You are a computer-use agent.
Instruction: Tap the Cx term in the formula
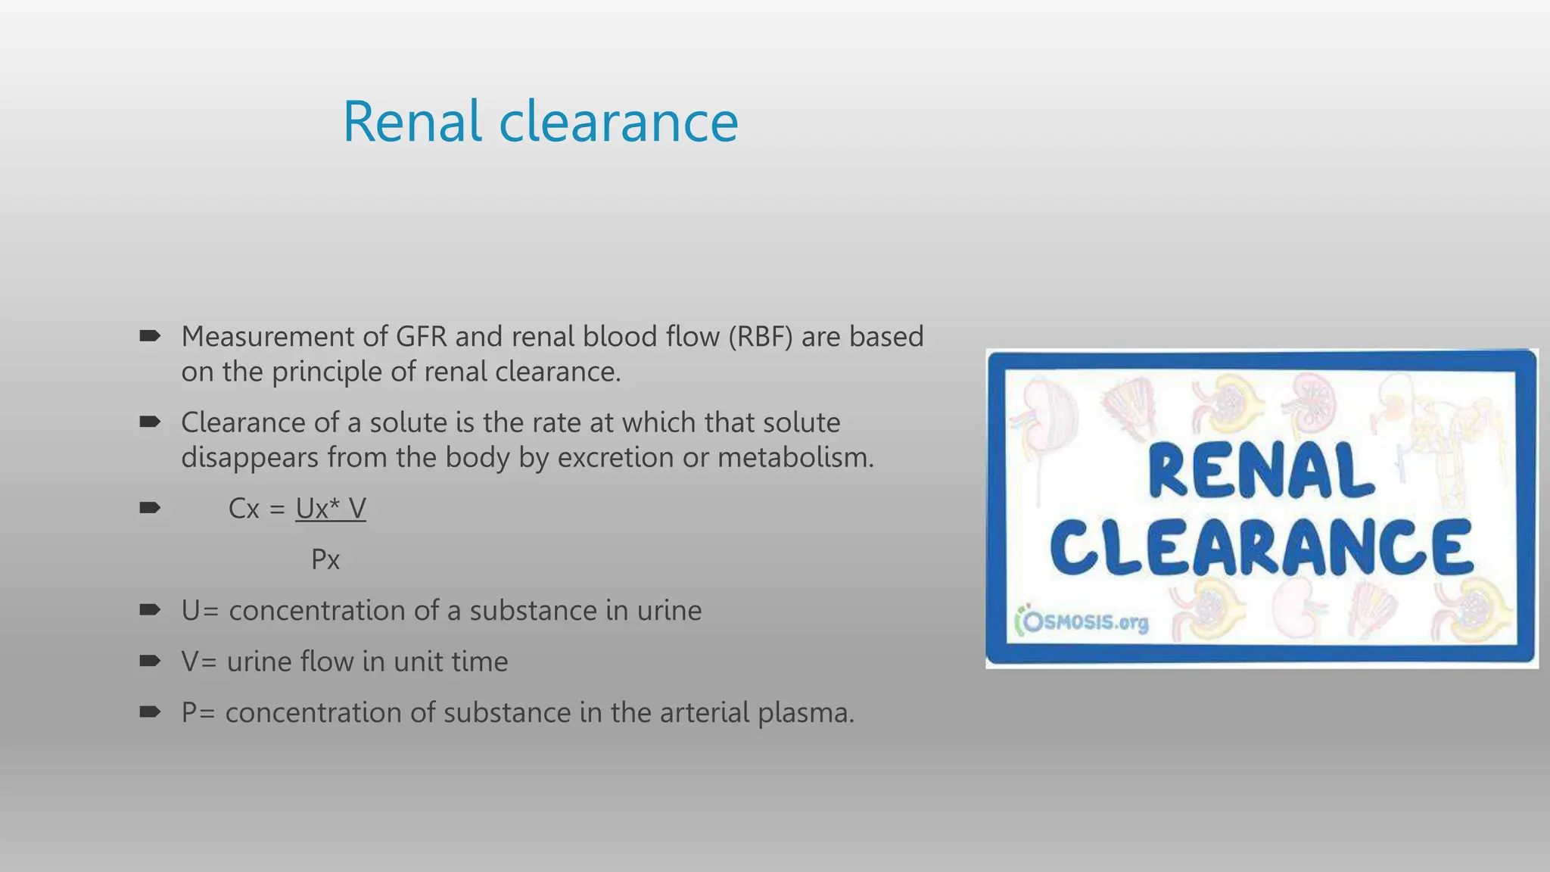click(x=244, y=509)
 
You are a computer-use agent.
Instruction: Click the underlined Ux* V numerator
click(x=331, y=509)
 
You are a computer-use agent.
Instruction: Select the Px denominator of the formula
click(x=325, y=560)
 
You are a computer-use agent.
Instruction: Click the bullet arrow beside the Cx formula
click(x=150, y=508)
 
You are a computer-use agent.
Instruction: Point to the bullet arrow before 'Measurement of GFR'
click(x=150, y=336)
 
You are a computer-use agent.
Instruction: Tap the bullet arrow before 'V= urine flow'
click(x=150, y=661)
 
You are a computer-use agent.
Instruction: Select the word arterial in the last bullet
click(x=704, y=713)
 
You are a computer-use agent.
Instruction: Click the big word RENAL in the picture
click(x=1261, y=472)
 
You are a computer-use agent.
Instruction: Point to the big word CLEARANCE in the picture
click(x=1261, y=547)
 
